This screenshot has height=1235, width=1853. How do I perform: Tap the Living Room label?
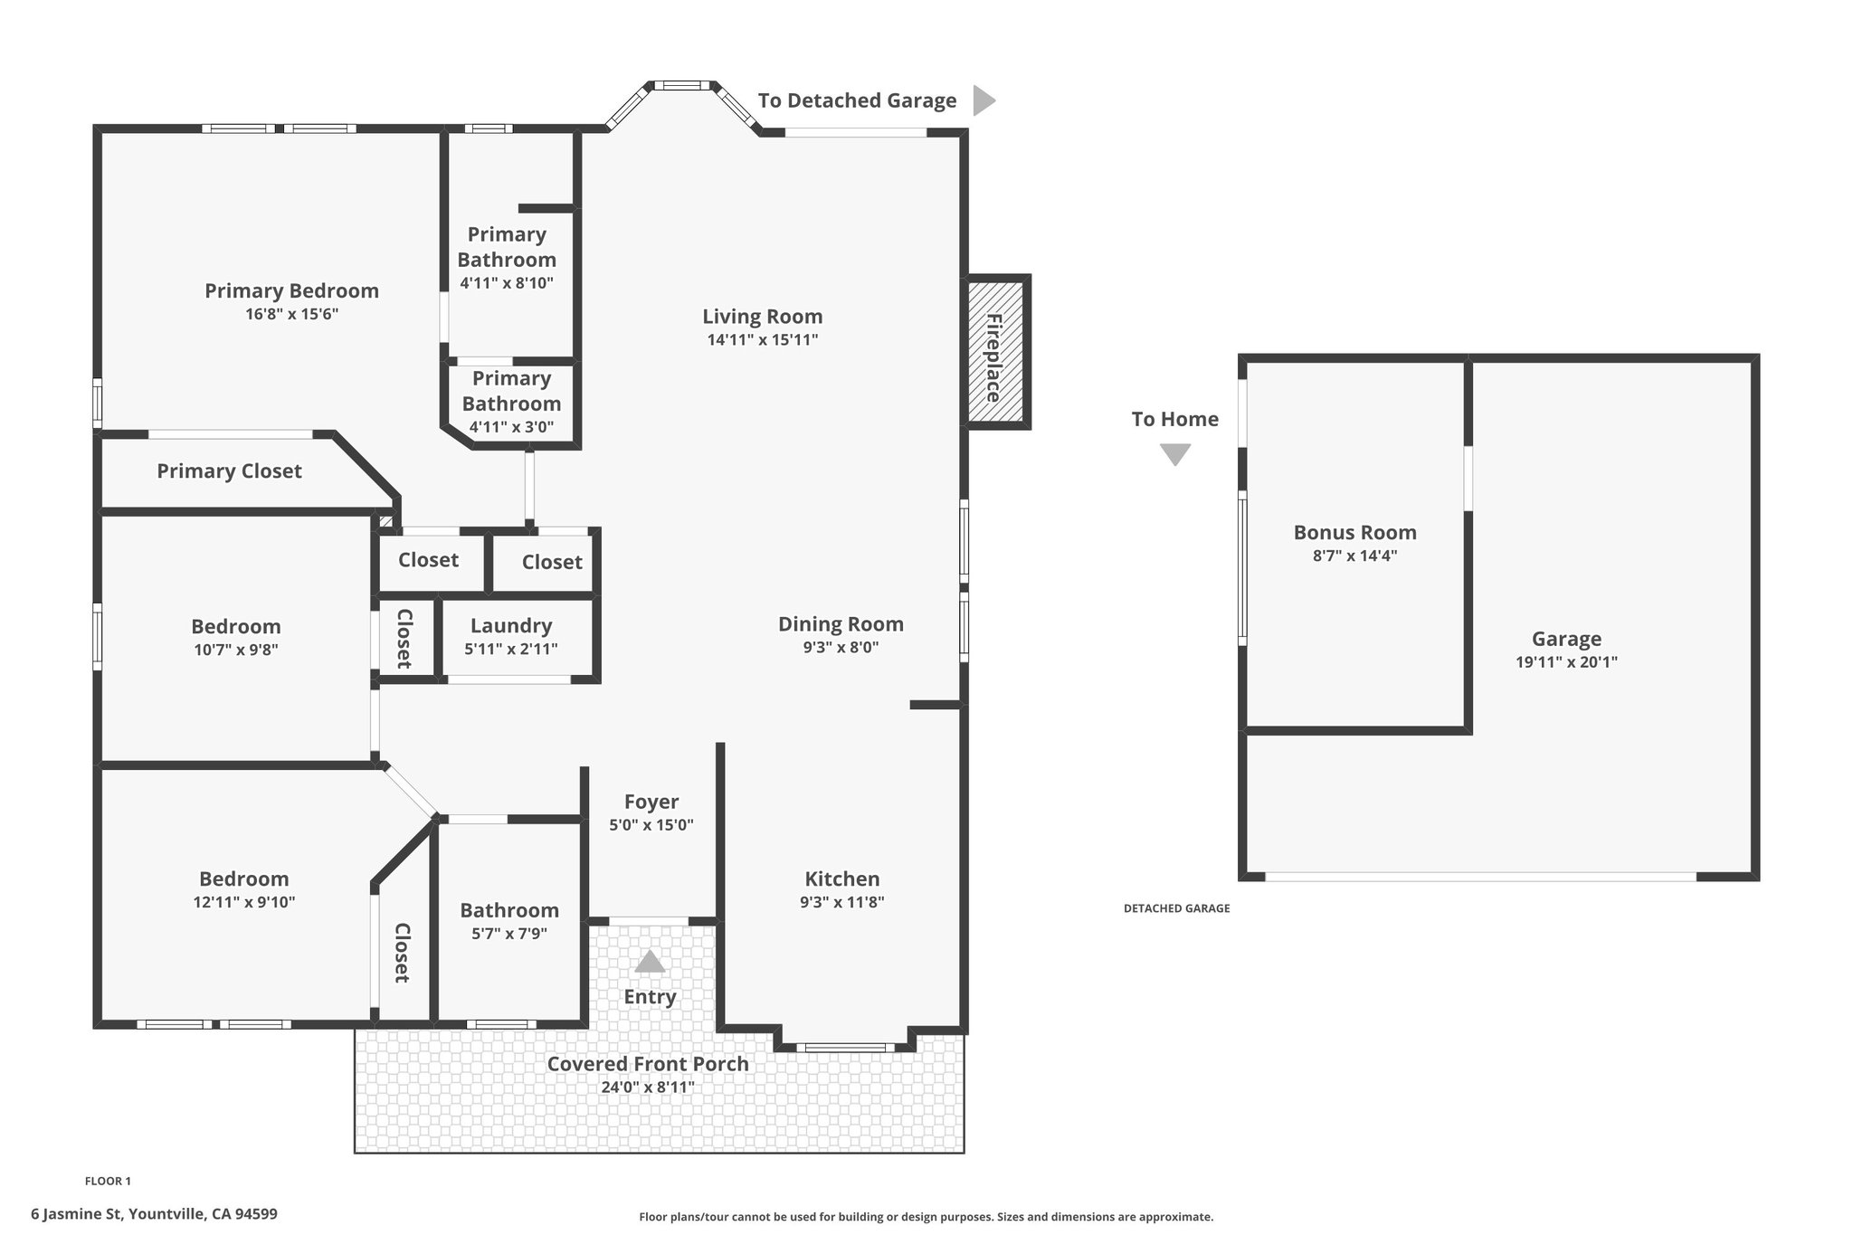point(763,317)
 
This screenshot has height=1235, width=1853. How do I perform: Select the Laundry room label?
point(511,626)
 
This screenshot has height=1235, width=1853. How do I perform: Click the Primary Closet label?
point(229,471)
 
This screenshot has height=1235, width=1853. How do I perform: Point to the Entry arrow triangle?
point(650,961)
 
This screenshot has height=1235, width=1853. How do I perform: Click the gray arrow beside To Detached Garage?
point(984,100)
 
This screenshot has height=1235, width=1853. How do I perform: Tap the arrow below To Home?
point(1175,454)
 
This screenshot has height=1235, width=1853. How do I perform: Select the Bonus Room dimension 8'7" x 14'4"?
point(1355,556)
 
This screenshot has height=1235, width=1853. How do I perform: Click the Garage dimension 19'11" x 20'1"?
point(1567,662)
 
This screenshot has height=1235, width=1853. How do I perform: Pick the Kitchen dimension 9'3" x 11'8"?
point(842,902)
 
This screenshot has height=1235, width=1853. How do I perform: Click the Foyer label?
point(651,802)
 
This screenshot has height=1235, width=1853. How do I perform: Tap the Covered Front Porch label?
point(648,1064)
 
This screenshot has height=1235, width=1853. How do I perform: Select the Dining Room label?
point(841,624)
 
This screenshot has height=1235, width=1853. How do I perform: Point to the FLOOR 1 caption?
point(108,1181)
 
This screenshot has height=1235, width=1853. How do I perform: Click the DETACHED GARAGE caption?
point(1177,908)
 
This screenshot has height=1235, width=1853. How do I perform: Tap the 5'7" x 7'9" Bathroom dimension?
point(509,934)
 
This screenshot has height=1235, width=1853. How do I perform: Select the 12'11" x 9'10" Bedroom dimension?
point(244,902)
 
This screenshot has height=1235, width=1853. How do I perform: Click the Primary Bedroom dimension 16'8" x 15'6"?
point(292,314)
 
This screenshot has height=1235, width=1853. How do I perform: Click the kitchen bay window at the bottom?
point(846,1048)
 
